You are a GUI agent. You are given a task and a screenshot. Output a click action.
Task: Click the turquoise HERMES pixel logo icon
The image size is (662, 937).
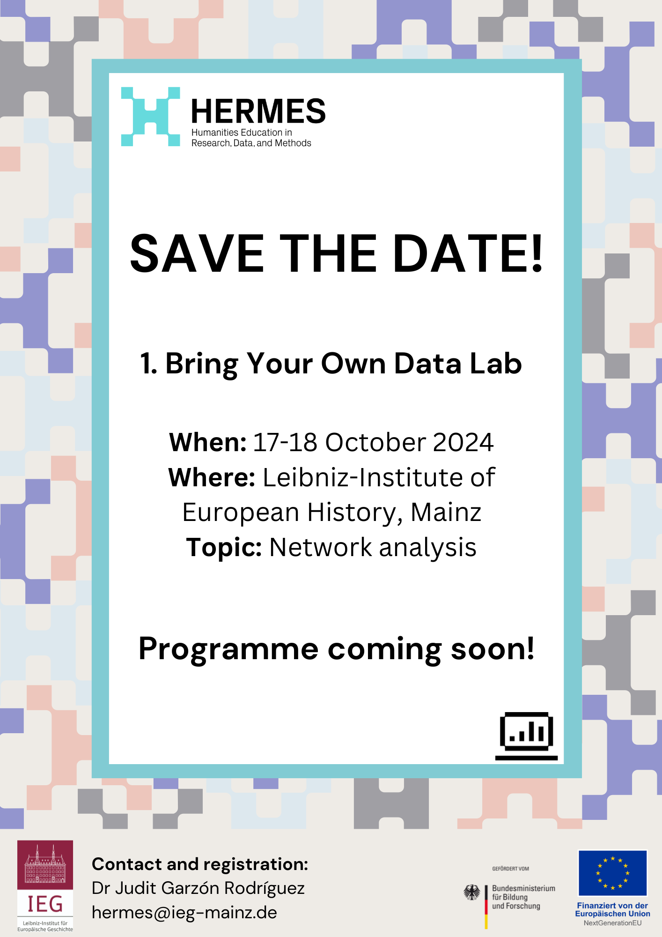pos(150,116)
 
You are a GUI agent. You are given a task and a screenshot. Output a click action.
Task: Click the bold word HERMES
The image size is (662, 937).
pos(258,112)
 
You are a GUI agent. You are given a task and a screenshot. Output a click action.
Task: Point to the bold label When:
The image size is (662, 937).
pos(208,442)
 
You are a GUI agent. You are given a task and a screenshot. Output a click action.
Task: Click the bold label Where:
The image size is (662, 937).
pos(212,477)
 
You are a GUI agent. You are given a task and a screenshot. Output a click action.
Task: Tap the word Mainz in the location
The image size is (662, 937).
pos(446,512)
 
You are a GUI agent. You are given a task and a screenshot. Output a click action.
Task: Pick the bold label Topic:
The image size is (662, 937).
pos(224,547)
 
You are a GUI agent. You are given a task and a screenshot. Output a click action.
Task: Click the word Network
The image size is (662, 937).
pos(320,547)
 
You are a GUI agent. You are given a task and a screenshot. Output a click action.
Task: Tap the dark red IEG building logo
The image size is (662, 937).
pos(45,886)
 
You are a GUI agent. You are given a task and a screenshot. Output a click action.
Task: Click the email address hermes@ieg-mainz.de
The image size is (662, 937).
pos(184,913)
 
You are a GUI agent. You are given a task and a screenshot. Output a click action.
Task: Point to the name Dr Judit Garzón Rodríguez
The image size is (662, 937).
pos(198,888)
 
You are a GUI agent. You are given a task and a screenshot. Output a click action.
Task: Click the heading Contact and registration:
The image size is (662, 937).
pos(200,864)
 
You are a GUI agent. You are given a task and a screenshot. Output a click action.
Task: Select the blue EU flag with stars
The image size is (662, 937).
pos(612,873)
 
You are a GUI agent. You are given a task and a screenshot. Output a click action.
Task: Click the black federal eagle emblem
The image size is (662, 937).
pos(472,892)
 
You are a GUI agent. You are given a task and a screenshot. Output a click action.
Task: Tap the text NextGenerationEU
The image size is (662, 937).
pos(612,923)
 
